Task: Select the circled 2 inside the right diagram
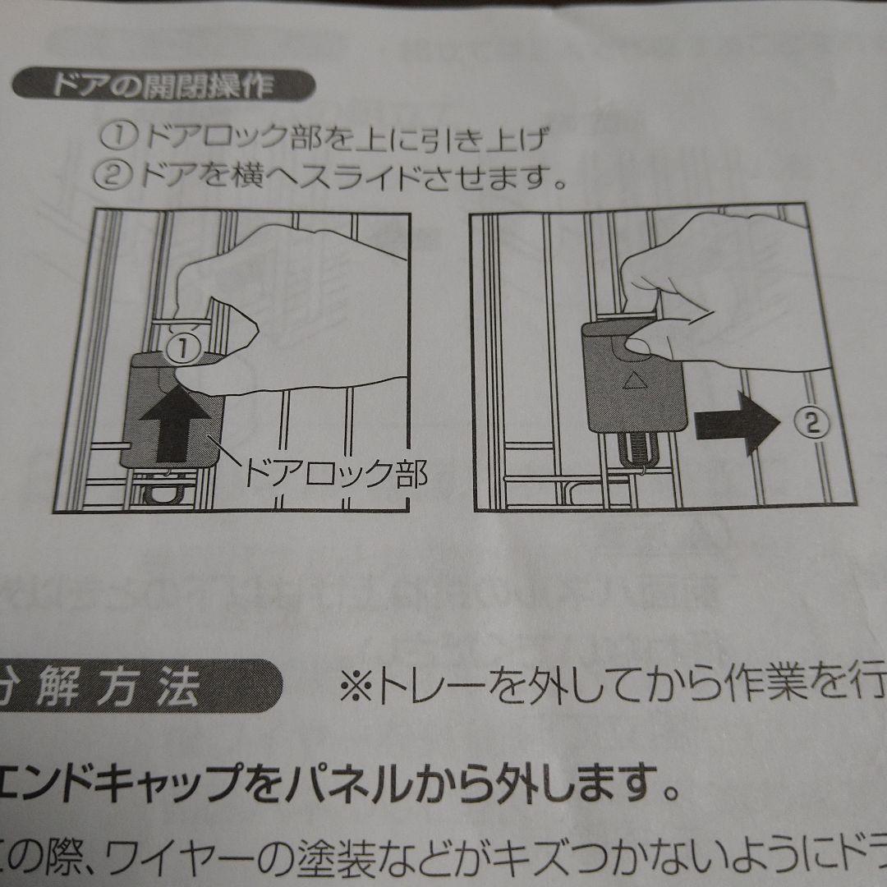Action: pos(811,422)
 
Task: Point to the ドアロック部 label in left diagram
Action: pos(337,473)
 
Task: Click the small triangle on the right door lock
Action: pos(632,380)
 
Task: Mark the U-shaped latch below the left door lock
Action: pos(163,494)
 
